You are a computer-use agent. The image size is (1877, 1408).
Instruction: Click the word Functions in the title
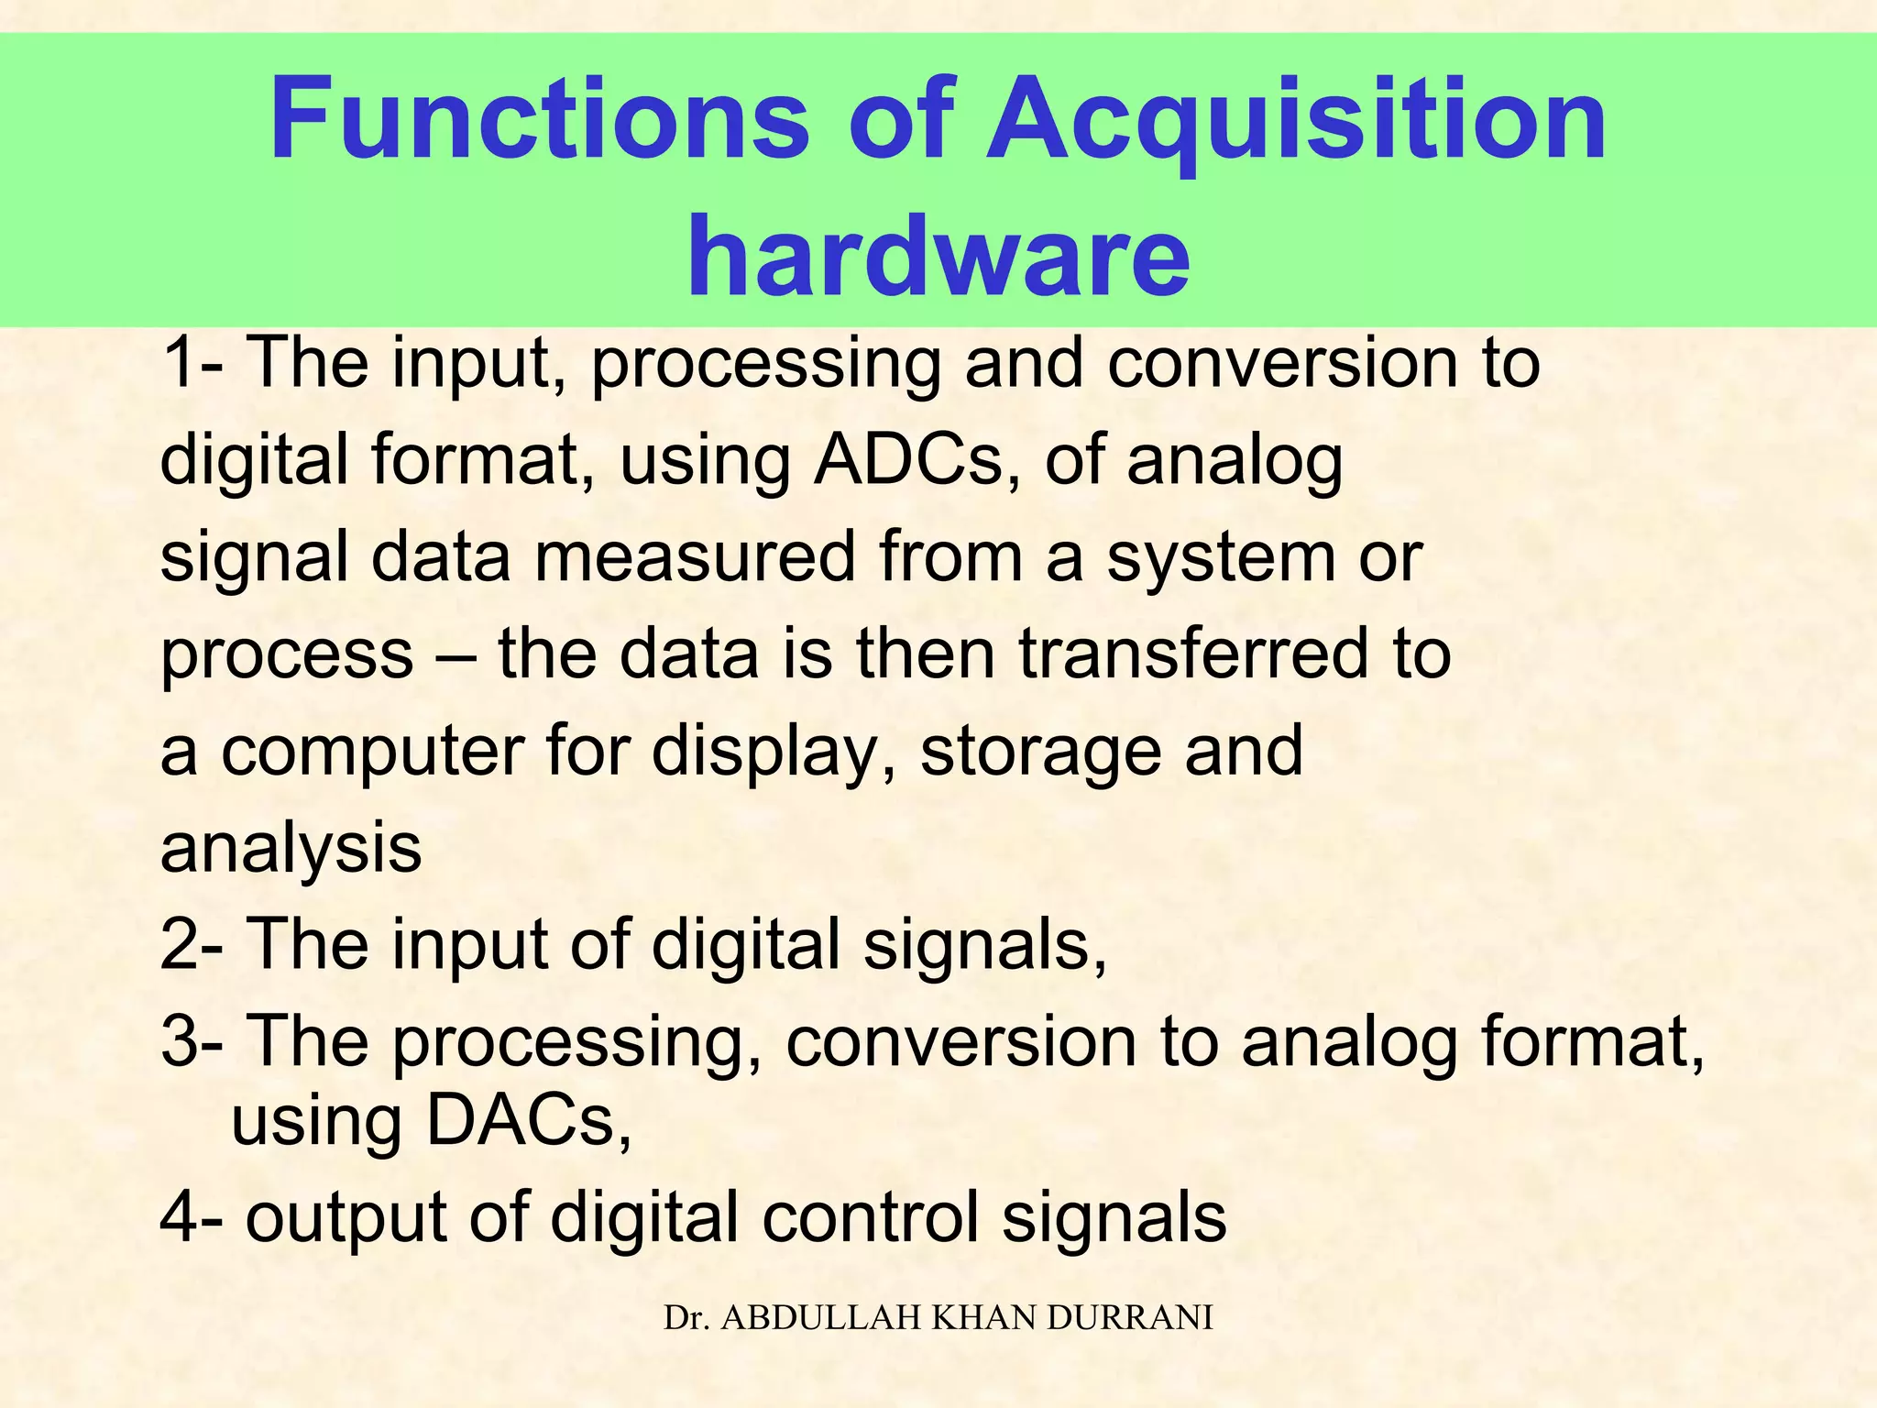(x=540, y=120)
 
